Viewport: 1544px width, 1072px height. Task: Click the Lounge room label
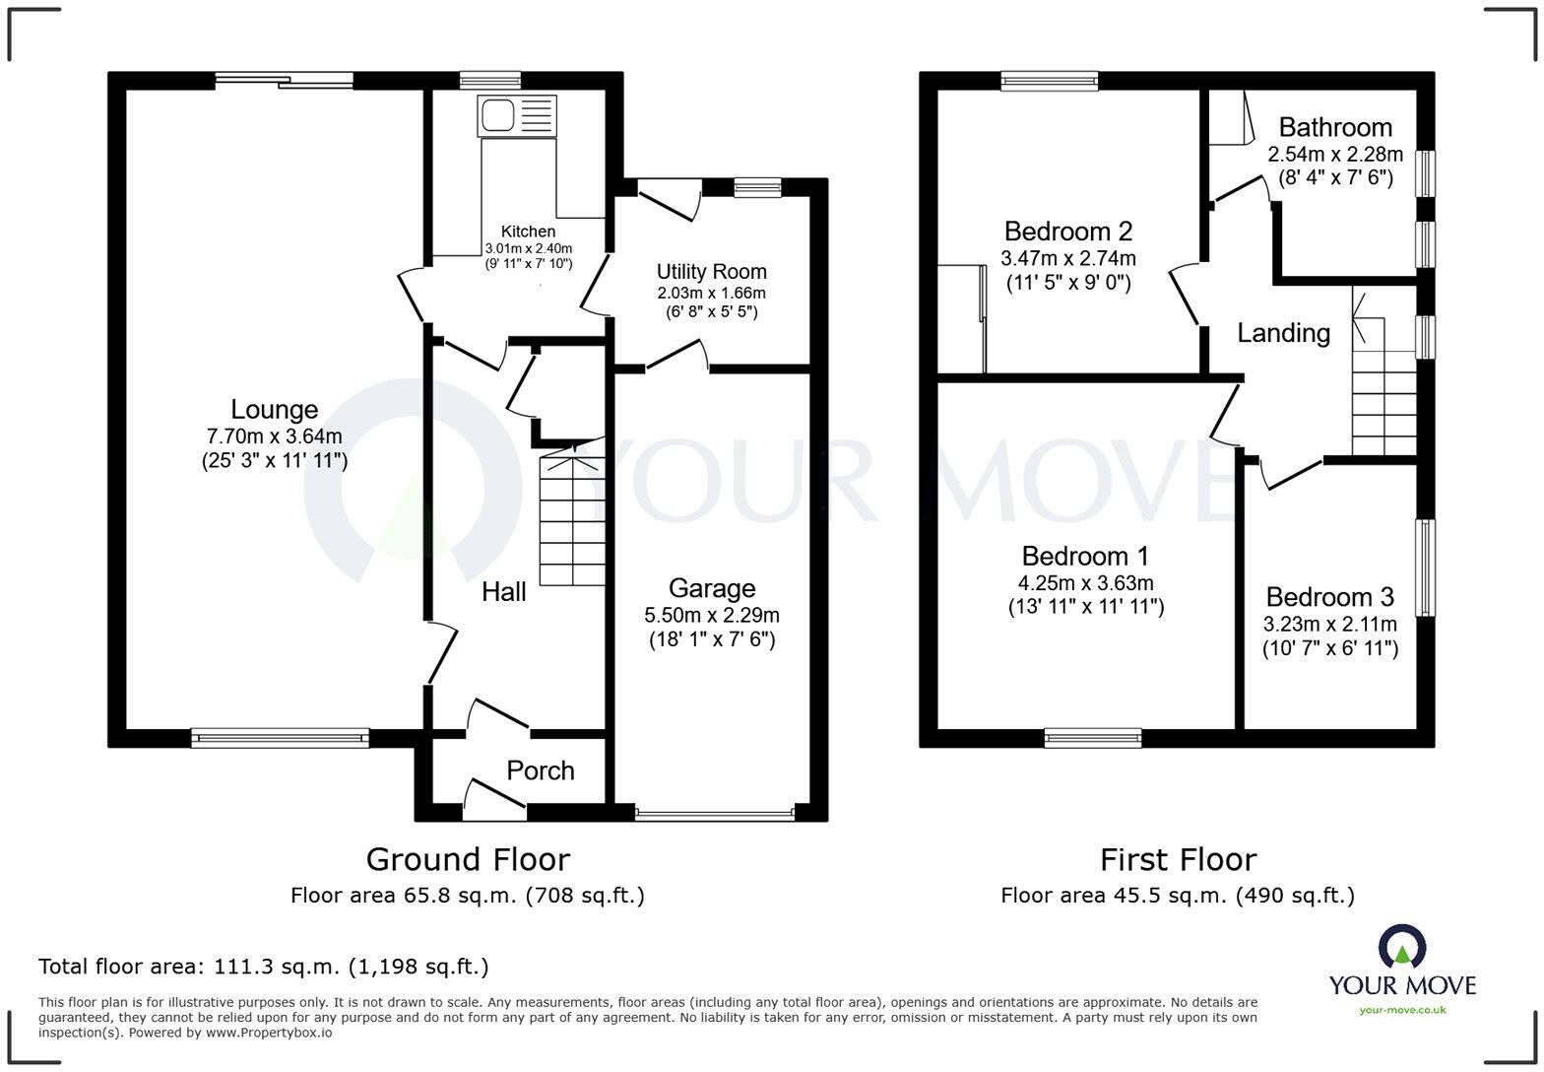click(x=274, y=409)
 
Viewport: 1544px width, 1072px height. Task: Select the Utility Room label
click(x=711, y=271)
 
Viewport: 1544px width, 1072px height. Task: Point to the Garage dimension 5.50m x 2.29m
click(x=711, y=615)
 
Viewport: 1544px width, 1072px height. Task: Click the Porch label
click(x=540, y=770)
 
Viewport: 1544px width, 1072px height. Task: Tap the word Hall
click(x=503, y=591)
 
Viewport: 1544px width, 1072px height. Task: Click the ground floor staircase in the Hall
click(x=572, y=516)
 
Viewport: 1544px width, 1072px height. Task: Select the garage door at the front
click(x=714, y=814)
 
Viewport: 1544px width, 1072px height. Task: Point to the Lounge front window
click(x=280, y=736)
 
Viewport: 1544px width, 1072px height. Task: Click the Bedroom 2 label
click(x=1067, y=232)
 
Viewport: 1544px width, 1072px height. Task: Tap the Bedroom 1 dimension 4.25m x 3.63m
click(x=1085, y=582)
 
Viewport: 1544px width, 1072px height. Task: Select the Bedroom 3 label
click(x=1329, y=597)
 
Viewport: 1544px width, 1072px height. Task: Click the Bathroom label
click(x=1335, y=127)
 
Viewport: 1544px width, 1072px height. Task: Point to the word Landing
click(x=1283, y=333)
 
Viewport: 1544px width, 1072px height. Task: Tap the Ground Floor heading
click(x=468, y=859)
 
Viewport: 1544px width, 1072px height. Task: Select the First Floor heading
click(x=1178, y=859)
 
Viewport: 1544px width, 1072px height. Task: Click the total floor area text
click(x=263, y=967)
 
